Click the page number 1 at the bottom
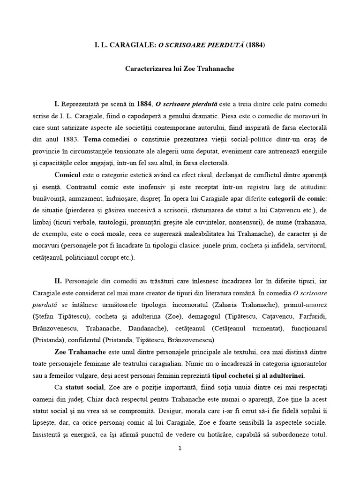point(180,448)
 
